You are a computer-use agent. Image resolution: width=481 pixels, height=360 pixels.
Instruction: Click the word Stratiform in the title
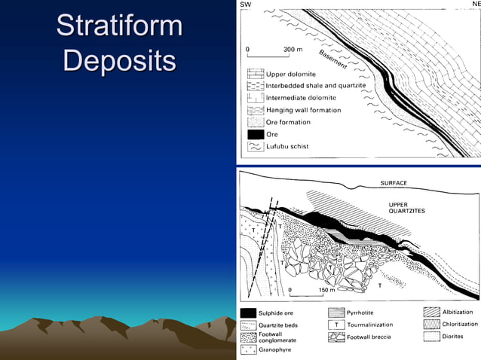119,26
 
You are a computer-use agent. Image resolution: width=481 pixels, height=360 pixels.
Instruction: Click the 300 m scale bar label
293,50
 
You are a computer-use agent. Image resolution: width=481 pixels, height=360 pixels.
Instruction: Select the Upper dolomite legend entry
291,74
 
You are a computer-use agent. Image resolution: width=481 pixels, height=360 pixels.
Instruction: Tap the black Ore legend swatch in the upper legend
255,134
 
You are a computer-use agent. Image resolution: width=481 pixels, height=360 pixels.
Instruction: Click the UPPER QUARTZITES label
406,207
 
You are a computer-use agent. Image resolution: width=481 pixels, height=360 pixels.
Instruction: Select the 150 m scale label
326,289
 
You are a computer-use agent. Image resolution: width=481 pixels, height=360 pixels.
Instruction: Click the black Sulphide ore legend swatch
247,312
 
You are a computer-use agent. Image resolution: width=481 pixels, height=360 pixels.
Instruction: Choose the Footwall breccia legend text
369,337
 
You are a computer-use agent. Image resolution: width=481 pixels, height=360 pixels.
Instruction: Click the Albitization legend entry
458,312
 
